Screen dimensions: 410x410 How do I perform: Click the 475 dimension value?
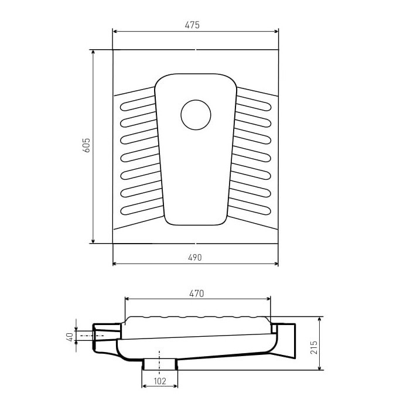tap(192, 25)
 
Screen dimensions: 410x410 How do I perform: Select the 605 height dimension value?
tap(86, 145)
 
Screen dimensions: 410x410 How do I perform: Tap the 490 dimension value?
tap(195, 258)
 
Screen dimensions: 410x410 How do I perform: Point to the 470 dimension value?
tap(196, 293)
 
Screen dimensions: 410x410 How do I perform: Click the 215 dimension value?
tap(314, 347)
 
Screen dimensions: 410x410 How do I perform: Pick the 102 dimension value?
tap(160, 381)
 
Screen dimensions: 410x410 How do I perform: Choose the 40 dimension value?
tap(70, 337)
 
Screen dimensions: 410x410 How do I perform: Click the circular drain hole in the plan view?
tap(196, 115)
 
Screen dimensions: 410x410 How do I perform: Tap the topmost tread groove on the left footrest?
tap(138, 104)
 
